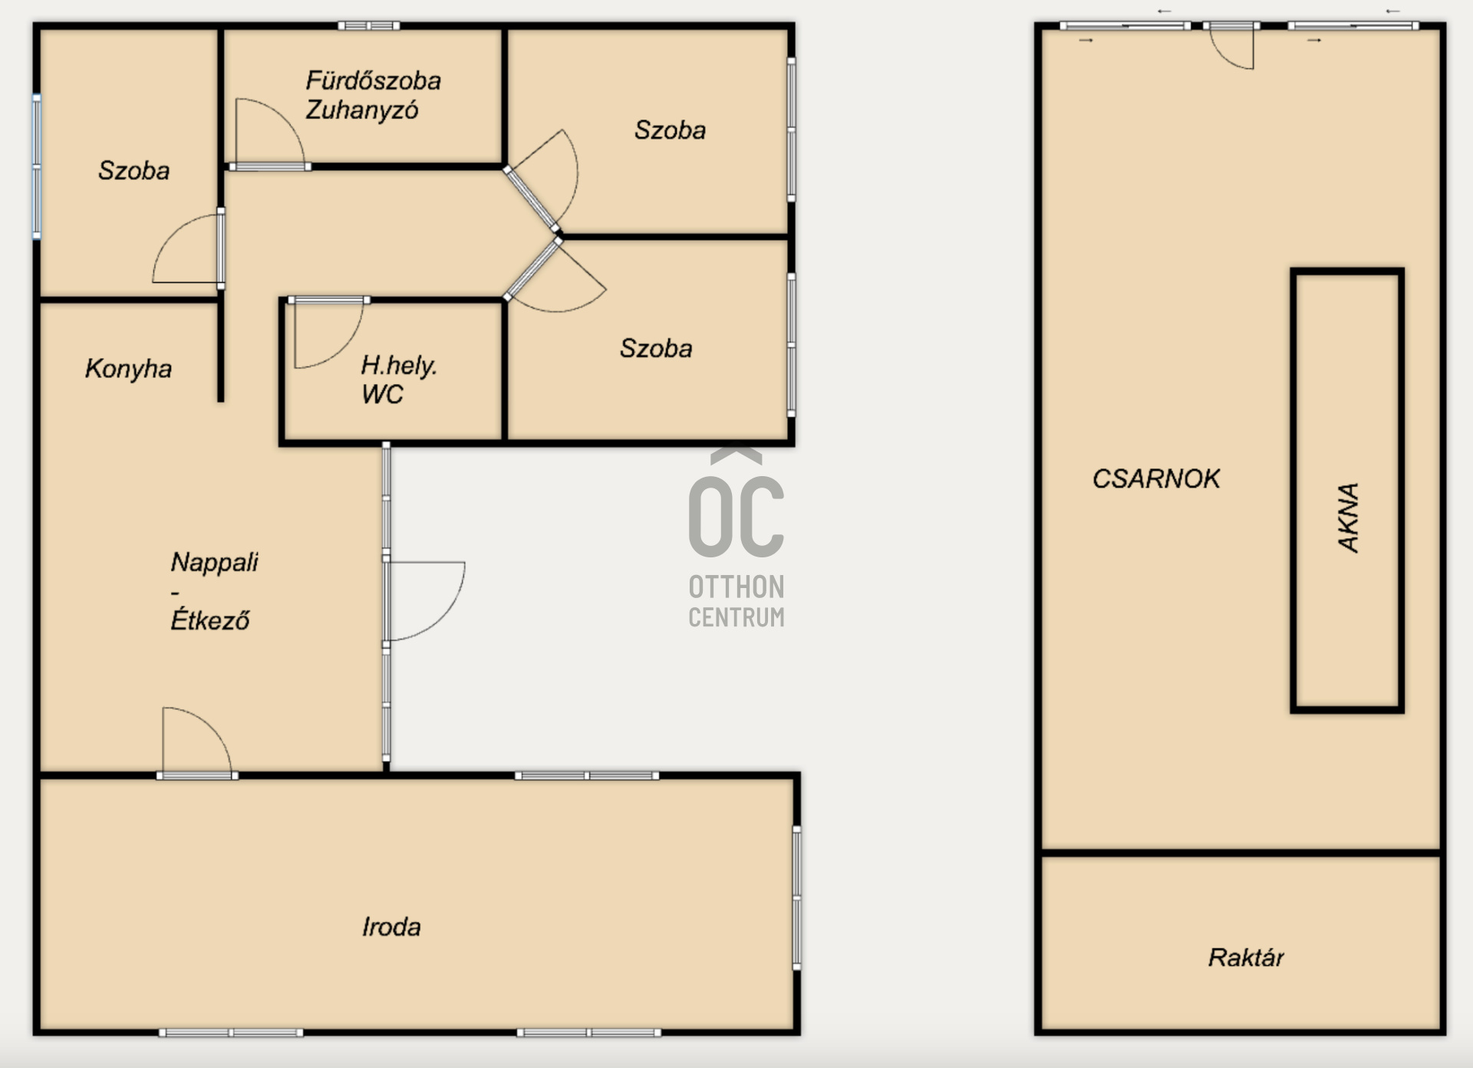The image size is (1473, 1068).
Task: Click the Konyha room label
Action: click(128, 369)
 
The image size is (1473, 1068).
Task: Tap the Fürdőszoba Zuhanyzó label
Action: click(373, 95)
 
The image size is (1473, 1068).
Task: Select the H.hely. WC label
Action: click(398, 379)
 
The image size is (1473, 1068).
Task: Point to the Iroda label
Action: click(391, 927)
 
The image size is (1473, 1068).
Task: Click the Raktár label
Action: click(1246, 957)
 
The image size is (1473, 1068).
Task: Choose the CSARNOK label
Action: click(1155, 478)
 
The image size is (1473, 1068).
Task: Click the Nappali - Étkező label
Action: click(214, 590)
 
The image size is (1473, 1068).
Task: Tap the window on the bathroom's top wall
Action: click(369, 26)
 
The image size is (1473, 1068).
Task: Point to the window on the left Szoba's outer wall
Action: click(36, 166)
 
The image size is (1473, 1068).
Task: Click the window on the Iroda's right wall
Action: click(797, 897)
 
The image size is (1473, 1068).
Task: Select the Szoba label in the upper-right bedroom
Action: click(670, 130)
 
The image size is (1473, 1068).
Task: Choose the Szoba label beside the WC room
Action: click(656, 349)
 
